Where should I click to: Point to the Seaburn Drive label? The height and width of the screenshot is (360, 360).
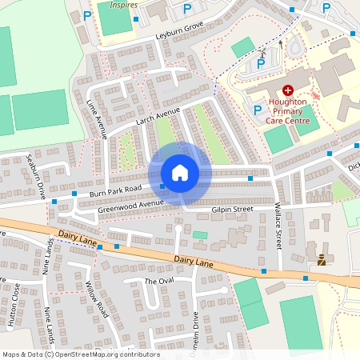[x=36, y=177]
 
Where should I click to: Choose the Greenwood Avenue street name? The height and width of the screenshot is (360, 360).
[x=130, y=206]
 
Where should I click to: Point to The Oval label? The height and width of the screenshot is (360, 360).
[x=158, y=282]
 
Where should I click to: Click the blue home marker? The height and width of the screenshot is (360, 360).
[x=180, y=173]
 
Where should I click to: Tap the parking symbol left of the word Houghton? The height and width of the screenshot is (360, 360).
[x=257, y=110]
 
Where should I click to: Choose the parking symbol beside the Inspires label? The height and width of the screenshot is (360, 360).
[x=86, y=15]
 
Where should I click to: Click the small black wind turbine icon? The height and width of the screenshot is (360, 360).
[x=263, y=52]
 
